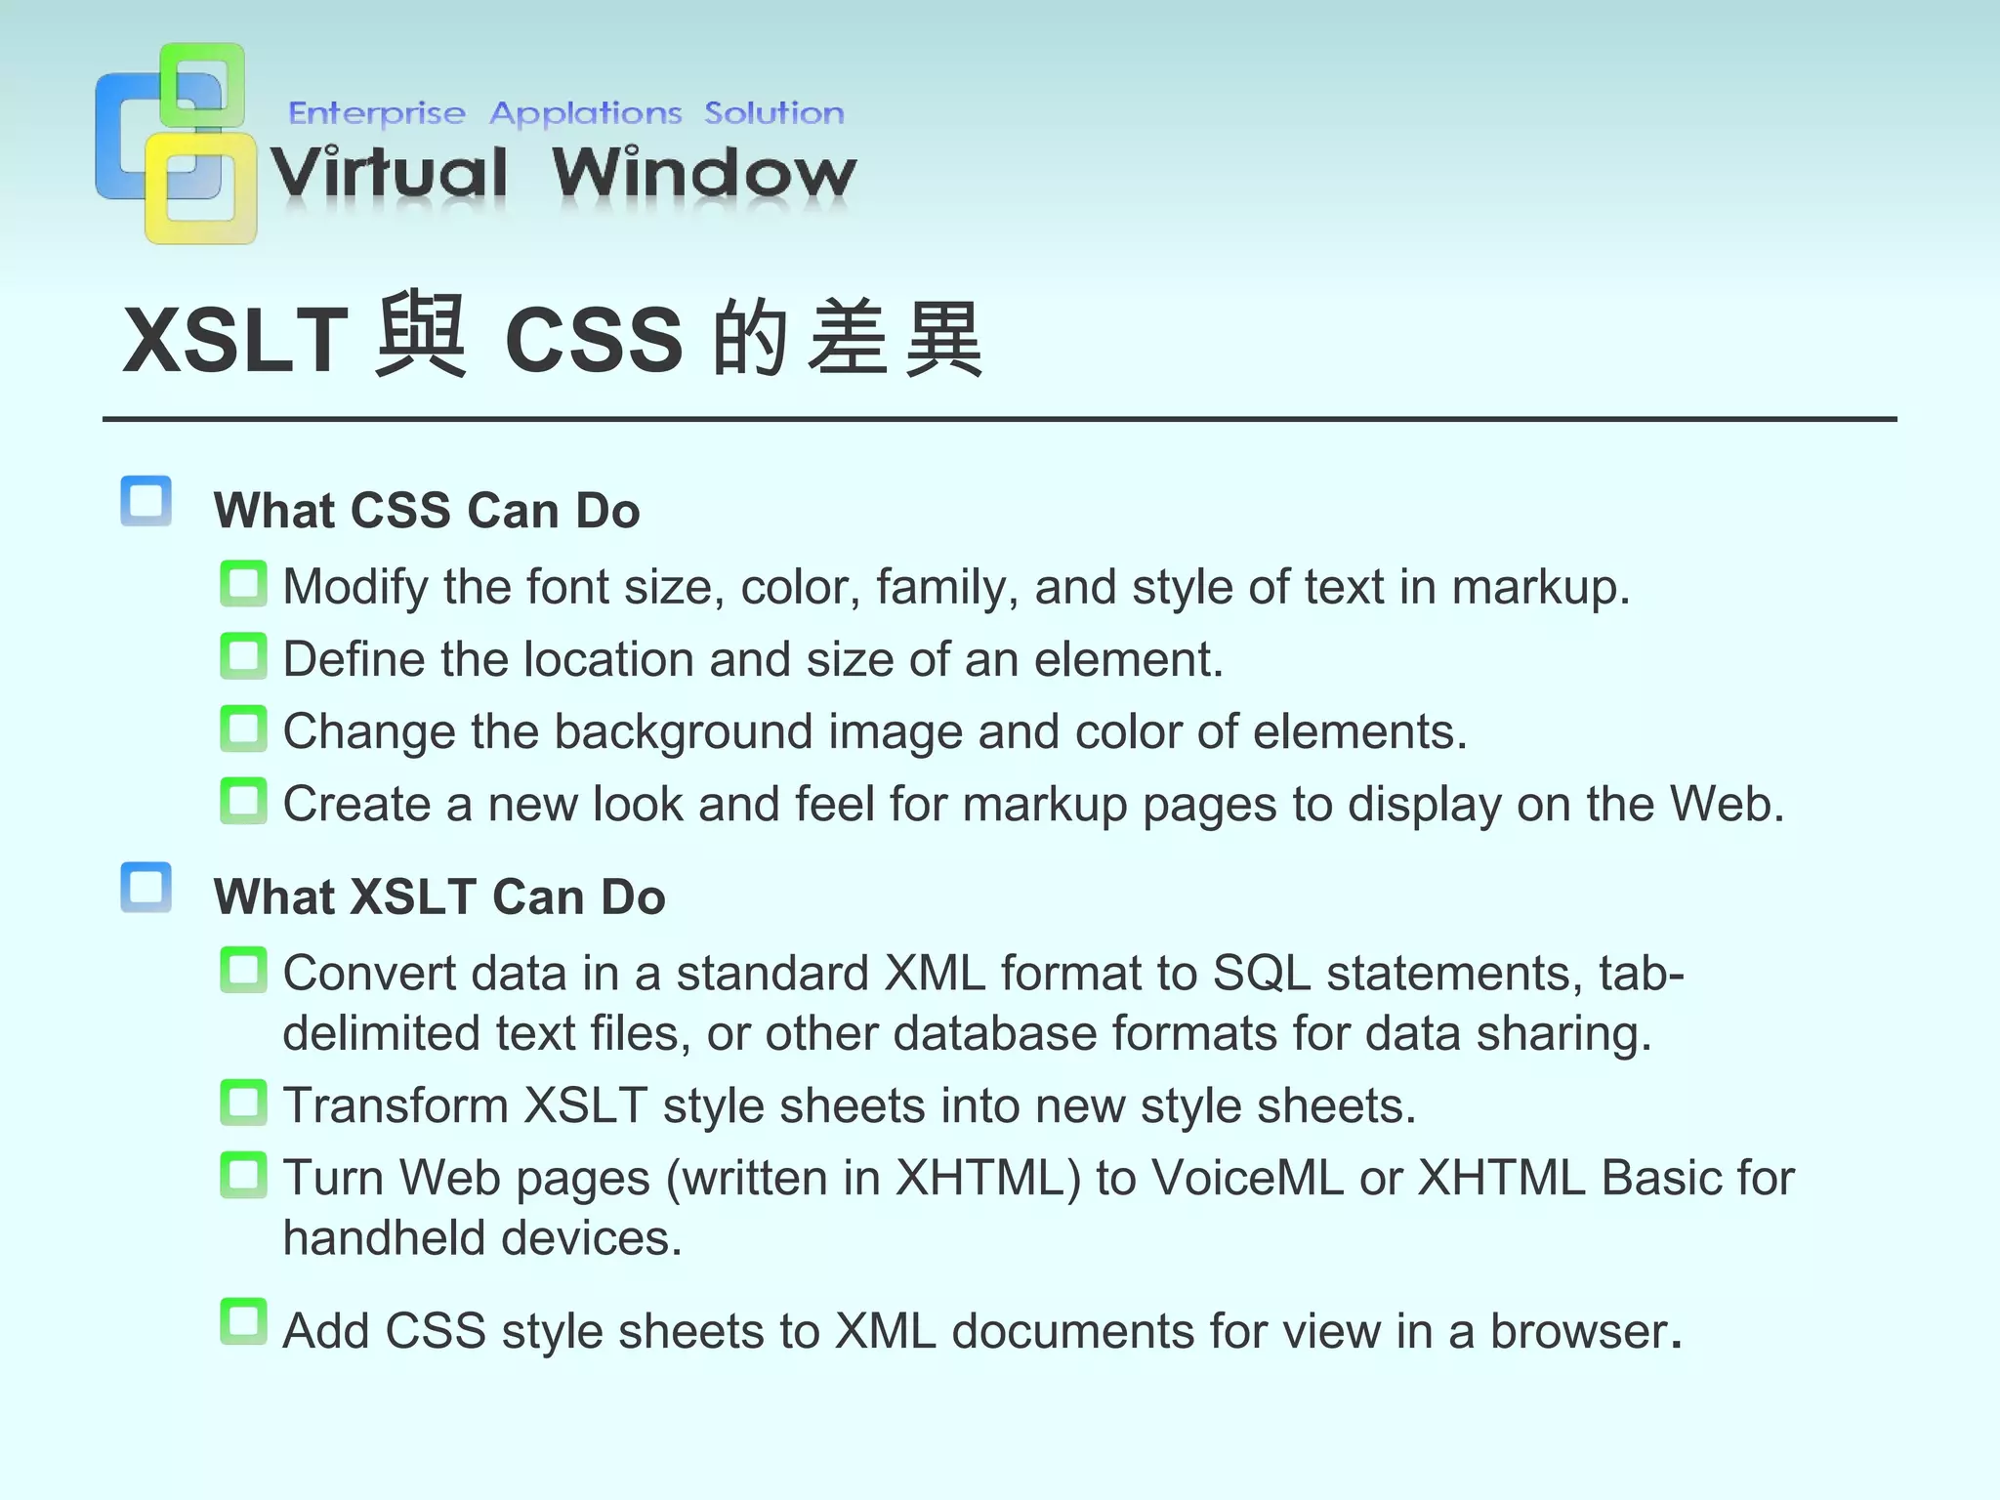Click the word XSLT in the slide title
point(234,340)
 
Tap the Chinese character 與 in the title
point(420,336)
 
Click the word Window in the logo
point(703,174)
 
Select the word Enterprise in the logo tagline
point(377,113)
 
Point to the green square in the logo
point(202,84)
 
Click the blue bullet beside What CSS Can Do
point(146,501)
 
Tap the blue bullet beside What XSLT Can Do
point(146,888)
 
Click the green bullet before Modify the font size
point(243,584)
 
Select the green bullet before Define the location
point(243,656)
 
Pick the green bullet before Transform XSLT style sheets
point(243,1103)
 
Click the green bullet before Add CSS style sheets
point(243,1321)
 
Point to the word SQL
point(1262,974)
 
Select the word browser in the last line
point(1579,1331)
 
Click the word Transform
point(396,1106)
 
